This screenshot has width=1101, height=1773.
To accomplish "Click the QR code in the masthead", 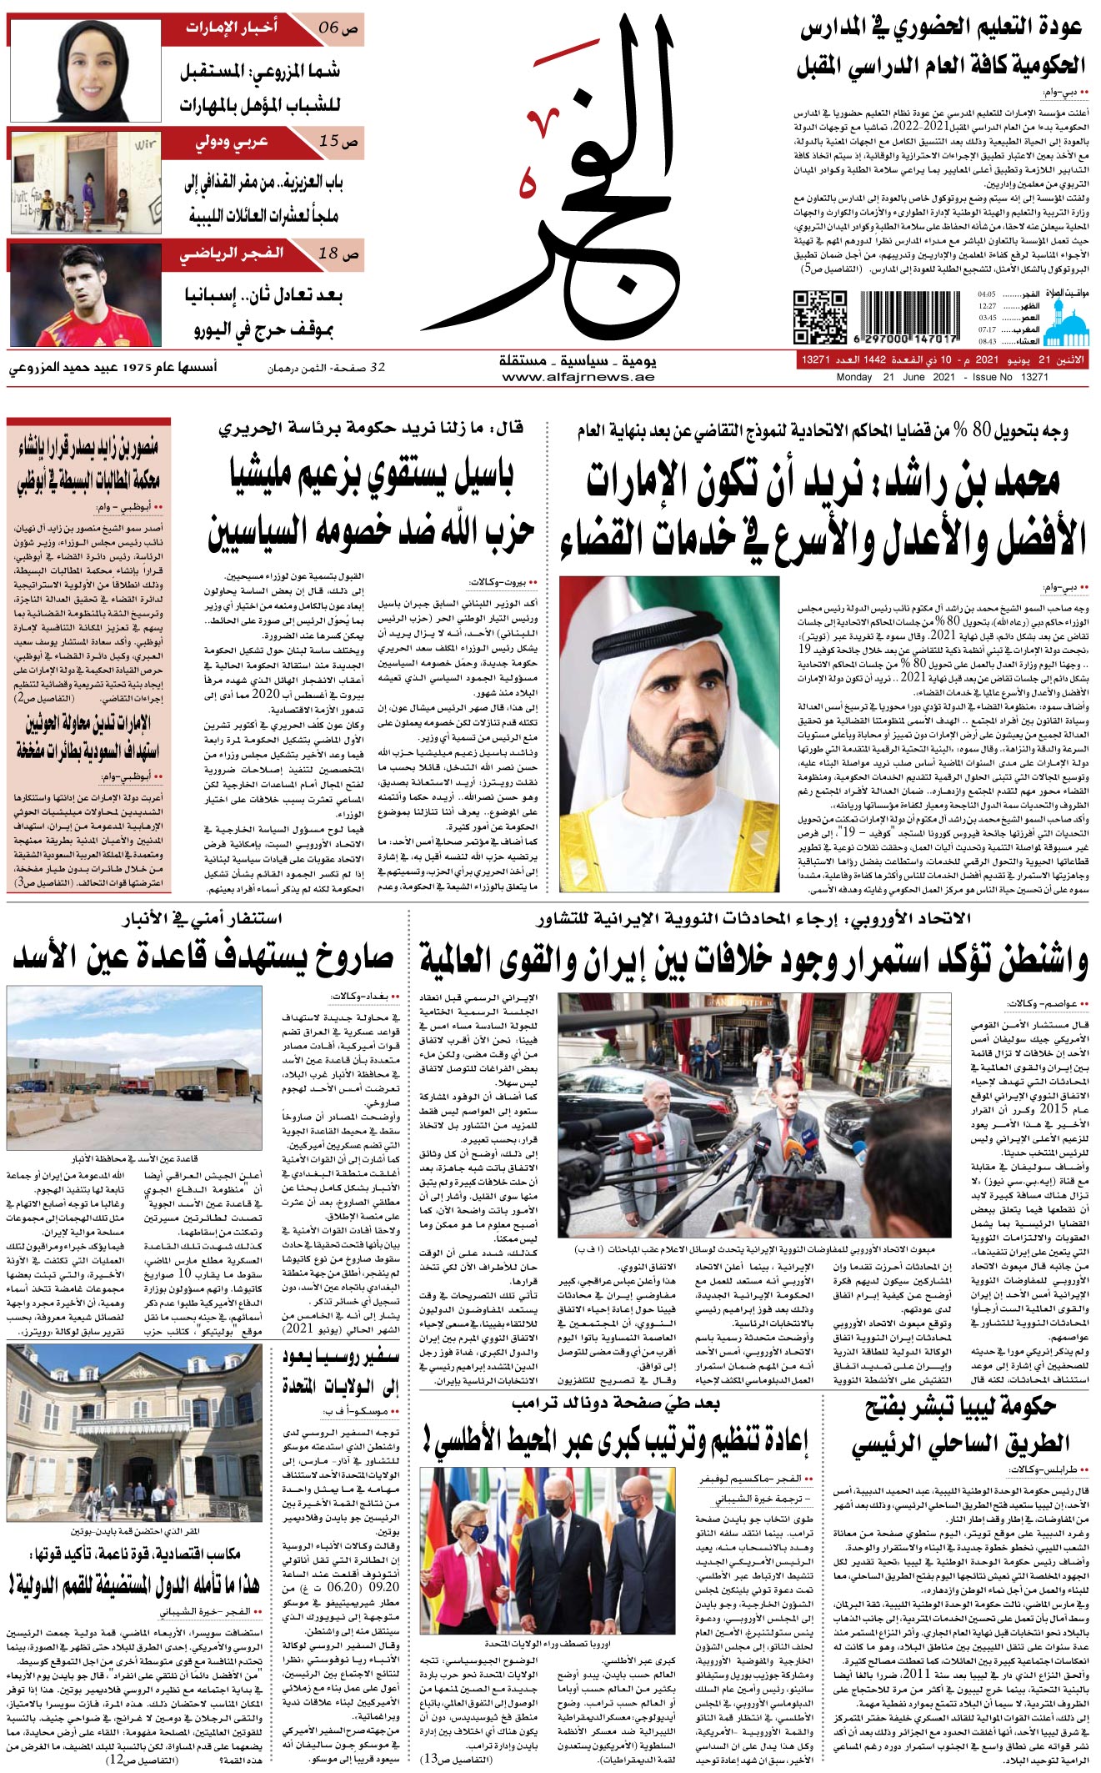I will pos(819,317).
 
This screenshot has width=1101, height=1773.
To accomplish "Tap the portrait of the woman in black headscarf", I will pos(85,71).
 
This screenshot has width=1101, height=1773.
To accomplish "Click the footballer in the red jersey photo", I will pos(85,294).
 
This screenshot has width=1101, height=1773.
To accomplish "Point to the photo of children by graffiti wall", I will pos(85,183).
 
